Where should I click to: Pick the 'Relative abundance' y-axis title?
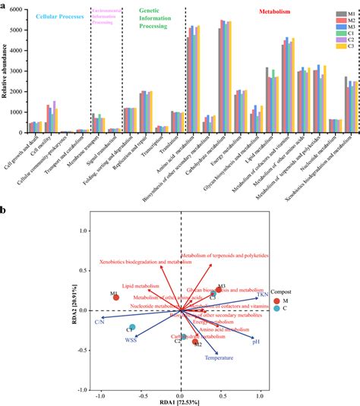6,71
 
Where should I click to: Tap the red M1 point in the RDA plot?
116,297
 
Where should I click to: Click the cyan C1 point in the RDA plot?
132,327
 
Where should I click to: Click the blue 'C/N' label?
99,322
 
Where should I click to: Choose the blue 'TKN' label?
263,293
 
